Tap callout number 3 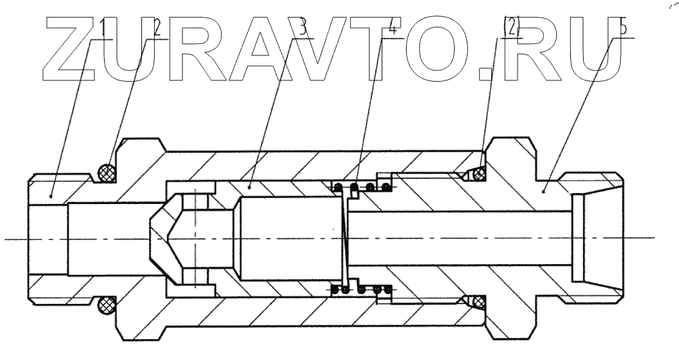point(303,29)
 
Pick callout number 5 point(623,29)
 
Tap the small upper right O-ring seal point(479,176)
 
